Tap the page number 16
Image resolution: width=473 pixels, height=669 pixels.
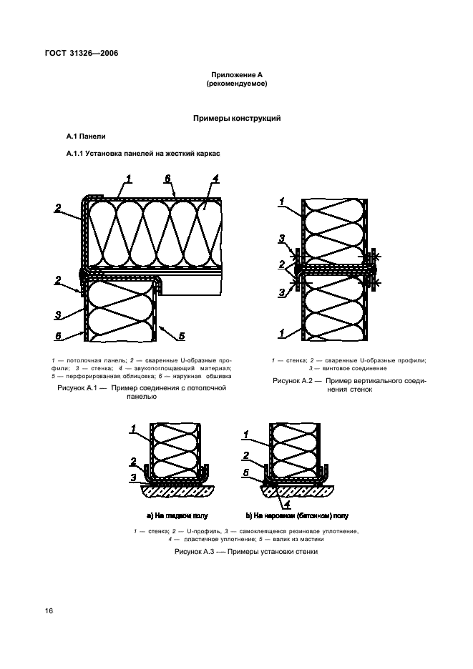click(x=49, y=610)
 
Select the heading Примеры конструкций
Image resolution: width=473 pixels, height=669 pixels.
click(x=235, y=118)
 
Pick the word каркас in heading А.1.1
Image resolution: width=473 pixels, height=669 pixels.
click(x=208, y=153)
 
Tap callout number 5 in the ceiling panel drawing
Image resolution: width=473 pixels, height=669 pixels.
click(x=182, y=336)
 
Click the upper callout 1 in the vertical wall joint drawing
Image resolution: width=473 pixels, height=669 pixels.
click(x=283, y=202)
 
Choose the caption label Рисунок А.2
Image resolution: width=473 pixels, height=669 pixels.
click(x=293, y=382)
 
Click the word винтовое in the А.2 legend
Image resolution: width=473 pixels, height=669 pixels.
click(x=339, y=369)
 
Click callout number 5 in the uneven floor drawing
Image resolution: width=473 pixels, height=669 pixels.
click(x=247, y=472)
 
